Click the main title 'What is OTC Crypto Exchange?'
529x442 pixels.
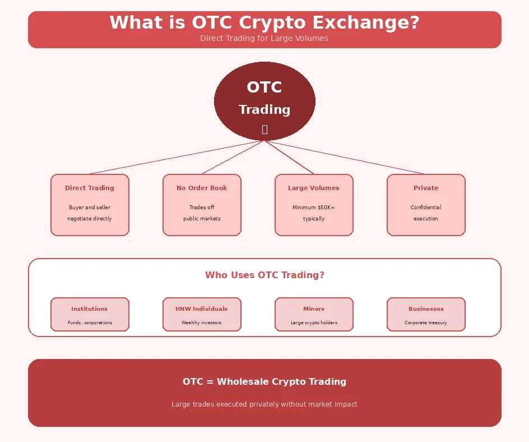click(x=264, y=23)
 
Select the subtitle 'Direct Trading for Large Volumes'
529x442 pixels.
click(x=264, y=39)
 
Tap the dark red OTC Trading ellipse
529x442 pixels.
click(x=264, y=101)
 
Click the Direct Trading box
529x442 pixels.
click(x=90, y=205)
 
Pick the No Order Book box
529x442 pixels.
click(x=202, y=205)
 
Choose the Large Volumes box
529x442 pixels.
click(x=314, y=205)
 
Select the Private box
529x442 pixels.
click(x=426, y=205)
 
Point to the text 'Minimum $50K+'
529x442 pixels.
click(x=314, y=208)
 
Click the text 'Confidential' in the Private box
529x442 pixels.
click(x=426, y=208)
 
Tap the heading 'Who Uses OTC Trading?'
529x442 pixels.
click(x=264, y=275)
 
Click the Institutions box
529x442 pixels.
click(x=90, y=314)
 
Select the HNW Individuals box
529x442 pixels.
click(x=202, y=314)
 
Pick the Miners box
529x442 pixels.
click(x=314, y=314)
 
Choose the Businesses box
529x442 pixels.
click(x=426, y=314)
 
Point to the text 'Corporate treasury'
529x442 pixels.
click(x=426, y=323)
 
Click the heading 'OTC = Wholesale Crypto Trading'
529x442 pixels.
click(x=264, y=382)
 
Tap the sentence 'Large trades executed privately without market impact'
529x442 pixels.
click(x=264, y=404)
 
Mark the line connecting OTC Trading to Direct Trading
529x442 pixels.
click(x=177, y=157)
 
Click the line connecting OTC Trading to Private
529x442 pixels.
click(x=345, y=157)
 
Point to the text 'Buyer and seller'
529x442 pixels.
click(x=90, y=208)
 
